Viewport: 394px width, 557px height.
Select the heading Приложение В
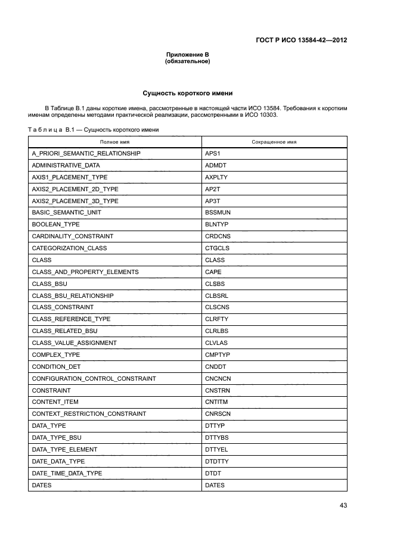tap(187, 55)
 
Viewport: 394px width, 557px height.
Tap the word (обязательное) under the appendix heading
tap(187, 61)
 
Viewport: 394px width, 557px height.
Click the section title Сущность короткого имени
tap(187, 94)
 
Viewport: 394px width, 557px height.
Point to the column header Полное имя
tap(114, 142)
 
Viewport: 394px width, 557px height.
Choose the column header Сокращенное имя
tap(274, 142)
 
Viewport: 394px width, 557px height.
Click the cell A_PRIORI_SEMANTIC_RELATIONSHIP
tap(86, 154)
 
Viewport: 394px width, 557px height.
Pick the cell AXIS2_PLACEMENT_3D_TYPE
tap(75, 201)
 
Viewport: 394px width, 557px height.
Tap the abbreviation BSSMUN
tap(217, 213)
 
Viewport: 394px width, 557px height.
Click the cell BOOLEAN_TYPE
tap(55, 225)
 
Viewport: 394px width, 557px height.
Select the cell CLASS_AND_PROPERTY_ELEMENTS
tap(85, 272)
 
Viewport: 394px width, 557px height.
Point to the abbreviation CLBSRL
tap(216, 295)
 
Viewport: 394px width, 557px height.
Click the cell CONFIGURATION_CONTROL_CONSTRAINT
tap(94, 378)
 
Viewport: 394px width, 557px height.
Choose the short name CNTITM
tap(216, 402)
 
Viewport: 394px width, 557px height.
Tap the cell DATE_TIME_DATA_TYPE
tap(67, 473)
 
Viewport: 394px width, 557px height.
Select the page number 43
tap(343, 505)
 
